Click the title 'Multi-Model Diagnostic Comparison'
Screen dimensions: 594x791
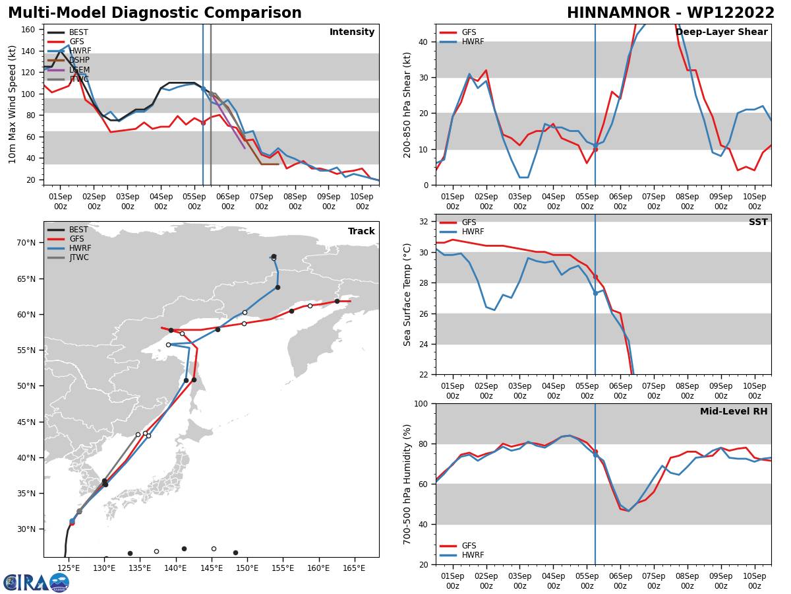pos(155,13)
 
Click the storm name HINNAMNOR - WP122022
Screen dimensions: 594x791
pos(670,13)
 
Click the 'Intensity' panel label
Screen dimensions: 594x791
pos(351,32)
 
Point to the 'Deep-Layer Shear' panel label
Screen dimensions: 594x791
pos(721,32)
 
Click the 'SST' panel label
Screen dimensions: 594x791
pos(758,222)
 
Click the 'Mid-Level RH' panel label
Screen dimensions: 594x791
pos(733,412)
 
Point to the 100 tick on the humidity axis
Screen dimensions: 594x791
pos(419,403)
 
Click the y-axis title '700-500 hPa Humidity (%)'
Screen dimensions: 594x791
pos(408,484)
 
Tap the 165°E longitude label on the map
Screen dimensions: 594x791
pos(354,568)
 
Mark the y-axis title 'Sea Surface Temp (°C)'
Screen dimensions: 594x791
pos(408,294)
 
